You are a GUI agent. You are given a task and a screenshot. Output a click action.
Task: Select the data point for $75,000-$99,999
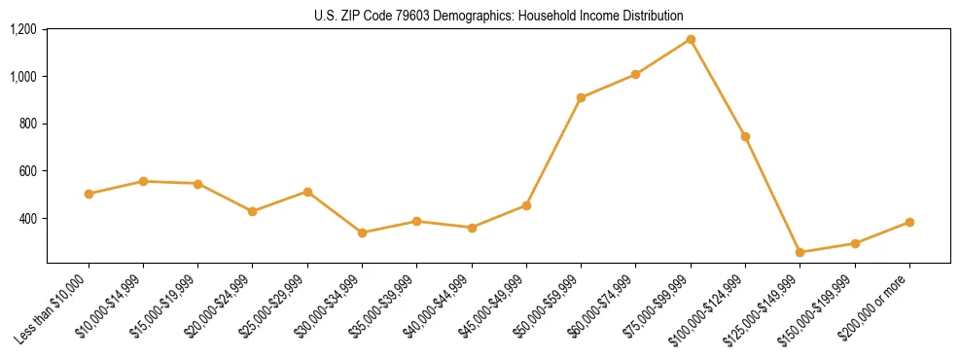[691, 39]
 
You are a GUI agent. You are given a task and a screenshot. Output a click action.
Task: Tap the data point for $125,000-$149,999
[800, 252]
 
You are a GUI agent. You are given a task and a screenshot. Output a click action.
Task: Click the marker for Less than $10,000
[89, 194]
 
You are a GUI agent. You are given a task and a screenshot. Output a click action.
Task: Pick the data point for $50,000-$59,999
[581, 97]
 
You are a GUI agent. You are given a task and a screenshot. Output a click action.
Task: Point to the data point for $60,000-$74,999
[635, 74]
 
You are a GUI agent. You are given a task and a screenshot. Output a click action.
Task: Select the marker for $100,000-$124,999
[745, 136]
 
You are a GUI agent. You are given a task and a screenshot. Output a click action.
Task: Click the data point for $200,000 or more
[909, 222]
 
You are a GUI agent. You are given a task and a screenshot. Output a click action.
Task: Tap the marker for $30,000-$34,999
[362, 233]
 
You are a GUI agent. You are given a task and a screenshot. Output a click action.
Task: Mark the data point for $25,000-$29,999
[307, 192]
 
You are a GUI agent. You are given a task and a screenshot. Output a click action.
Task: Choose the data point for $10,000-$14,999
[143, 181]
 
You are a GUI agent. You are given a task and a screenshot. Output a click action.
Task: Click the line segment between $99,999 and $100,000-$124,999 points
[718, 88]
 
